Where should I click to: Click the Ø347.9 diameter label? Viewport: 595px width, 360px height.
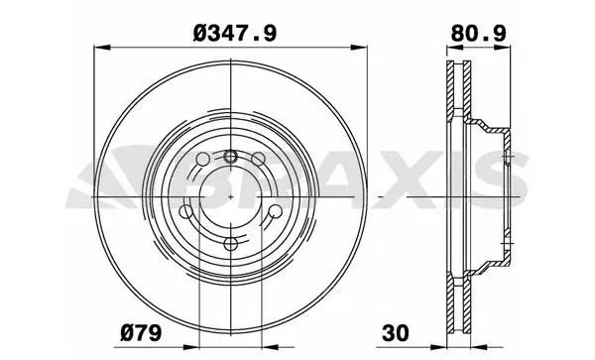point(235,34)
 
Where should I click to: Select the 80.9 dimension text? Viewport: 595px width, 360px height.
point(478,34)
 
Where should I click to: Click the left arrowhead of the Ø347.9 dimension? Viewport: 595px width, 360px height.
point(102,48)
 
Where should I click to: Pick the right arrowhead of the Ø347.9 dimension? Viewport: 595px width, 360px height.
point(359,48)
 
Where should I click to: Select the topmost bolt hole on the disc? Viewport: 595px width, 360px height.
point(230,156)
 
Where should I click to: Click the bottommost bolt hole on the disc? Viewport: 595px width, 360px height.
point(231,244)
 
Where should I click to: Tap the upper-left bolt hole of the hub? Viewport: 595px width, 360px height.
point(202,159)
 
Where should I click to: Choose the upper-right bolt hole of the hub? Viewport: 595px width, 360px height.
point(259,159)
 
